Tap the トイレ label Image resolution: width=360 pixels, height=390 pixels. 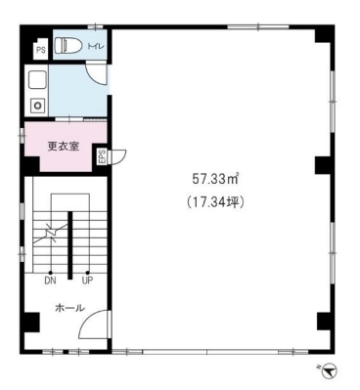pos(95,47)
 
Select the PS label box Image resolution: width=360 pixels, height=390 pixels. pos(41,50)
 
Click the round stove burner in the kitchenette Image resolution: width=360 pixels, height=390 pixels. pos(38,106)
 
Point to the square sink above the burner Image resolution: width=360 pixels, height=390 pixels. pos(38,80)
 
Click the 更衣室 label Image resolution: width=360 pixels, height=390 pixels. pos(64,147)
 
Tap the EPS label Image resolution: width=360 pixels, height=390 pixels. pos(102,156)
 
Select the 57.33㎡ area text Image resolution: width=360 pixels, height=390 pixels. pos(215,179)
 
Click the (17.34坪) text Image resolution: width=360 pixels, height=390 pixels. pos(215,203)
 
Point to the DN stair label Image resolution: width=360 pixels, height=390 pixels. pos(50,281)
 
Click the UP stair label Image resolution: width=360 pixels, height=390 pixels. pos(87,281)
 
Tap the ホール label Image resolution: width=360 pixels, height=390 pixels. pos(70,308)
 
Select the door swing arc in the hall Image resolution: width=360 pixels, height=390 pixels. pos(89,320)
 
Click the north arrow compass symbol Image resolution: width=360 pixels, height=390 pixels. pos(330,370)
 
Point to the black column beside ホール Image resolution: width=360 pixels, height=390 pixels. pos(32,322)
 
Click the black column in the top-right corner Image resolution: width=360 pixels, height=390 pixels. pos(323,34)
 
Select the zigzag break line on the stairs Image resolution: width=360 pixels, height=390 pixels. pos(52,233)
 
